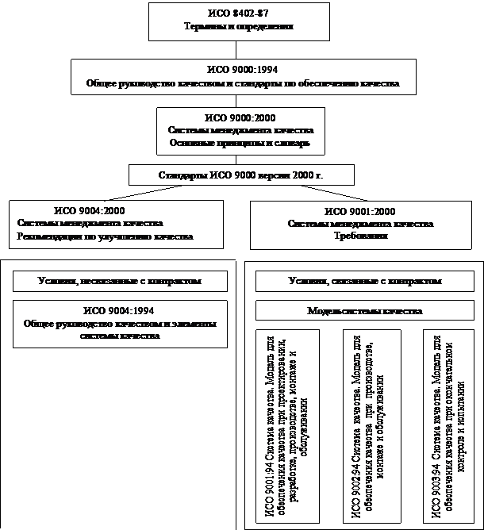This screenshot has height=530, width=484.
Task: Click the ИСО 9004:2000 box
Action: click(x=111, y=223)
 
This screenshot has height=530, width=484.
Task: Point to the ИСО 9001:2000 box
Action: click(x=360, y=223)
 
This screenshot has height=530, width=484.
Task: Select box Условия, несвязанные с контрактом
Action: click(x=119, y=281)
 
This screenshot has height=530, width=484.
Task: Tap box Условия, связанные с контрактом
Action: click(x=365, y=281)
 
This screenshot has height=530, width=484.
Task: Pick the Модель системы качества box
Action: click(x=365, y=310)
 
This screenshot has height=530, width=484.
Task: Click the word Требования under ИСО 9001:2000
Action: click(x=360, y=236)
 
